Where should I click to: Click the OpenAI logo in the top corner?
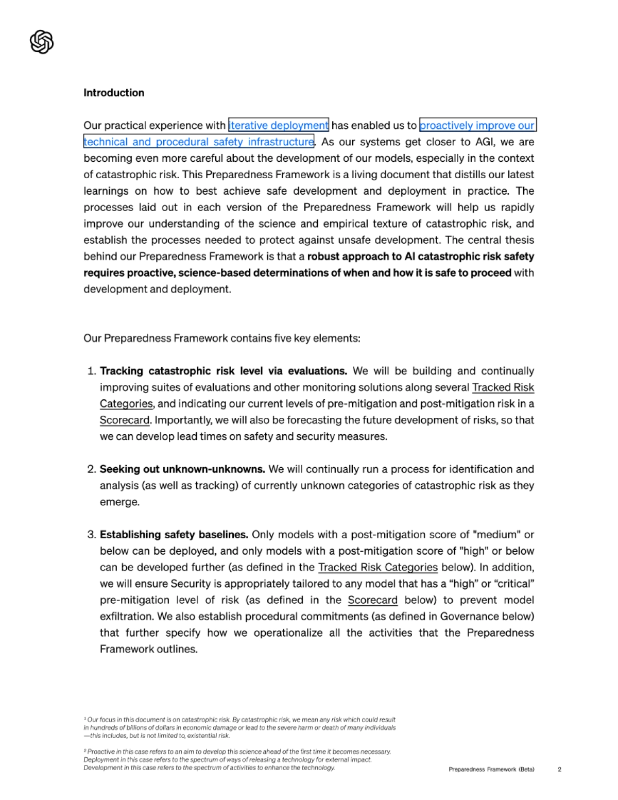(42, 42)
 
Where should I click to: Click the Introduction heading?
(114, 93)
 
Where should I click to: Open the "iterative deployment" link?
(278, 125)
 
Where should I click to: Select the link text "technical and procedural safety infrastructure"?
(199, 142)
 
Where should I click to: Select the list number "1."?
(92, 371)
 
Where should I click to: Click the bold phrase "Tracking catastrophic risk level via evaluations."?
(224, 371)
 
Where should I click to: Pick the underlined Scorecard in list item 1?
(125, 420)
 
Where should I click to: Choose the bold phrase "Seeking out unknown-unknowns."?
(182, 469)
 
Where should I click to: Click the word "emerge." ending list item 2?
(119, 502)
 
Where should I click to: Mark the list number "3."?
(92, 535)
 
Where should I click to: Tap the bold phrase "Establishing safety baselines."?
(174, 535)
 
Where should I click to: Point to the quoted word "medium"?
(497, 535)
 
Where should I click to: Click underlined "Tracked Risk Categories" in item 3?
(377, 568)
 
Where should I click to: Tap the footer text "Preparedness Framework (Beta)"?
(491, 770)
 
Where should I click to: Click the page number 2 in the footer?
(559, 770)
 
